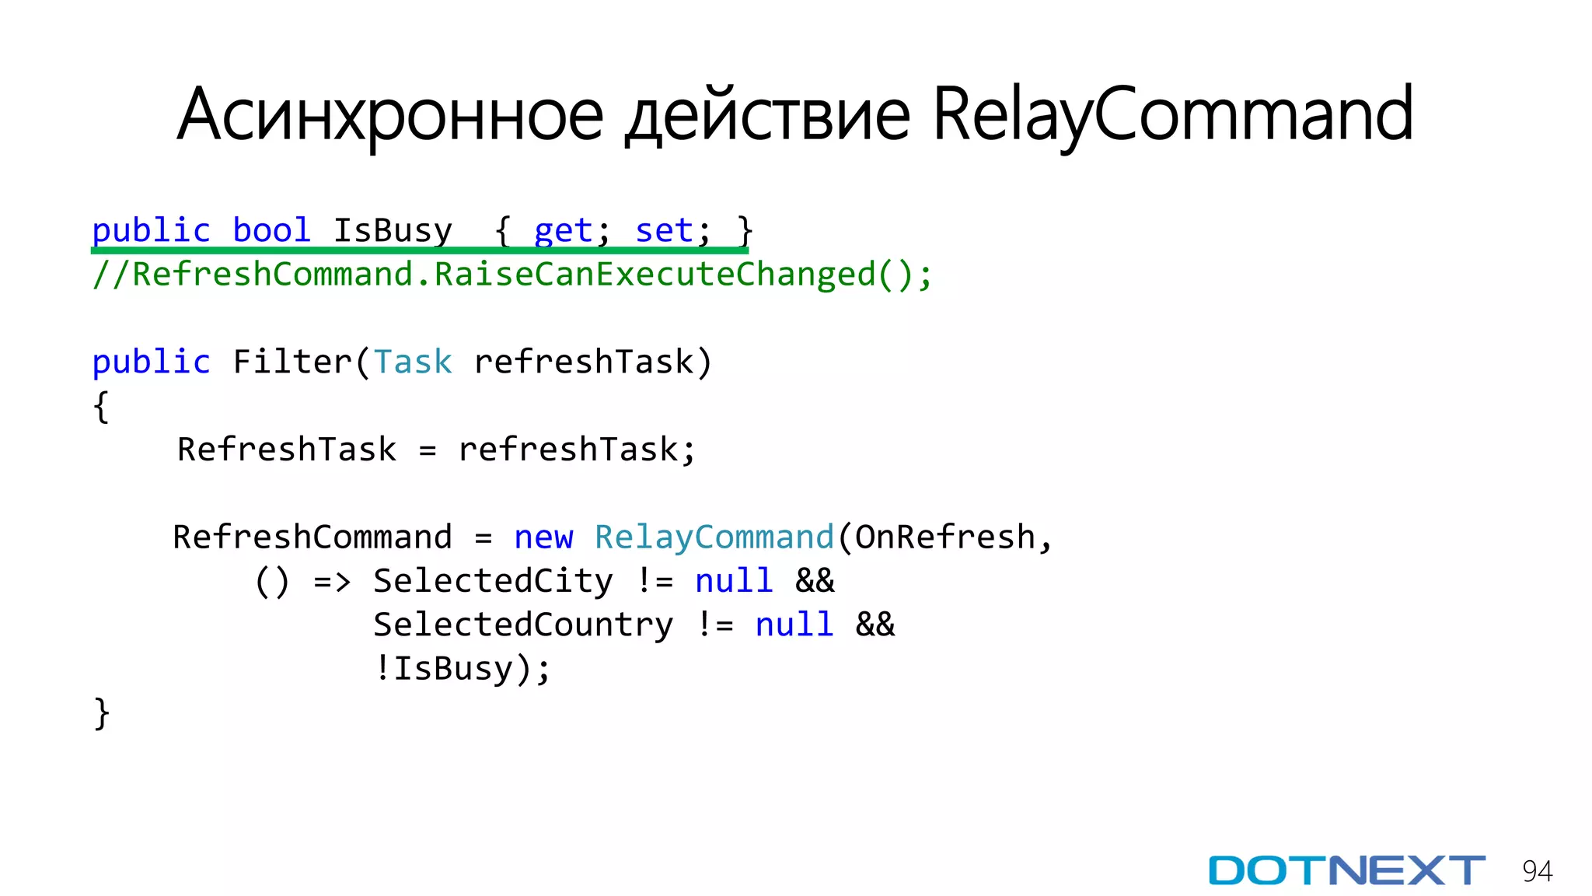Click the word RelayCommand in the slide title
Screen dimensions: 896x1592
[1172, 115]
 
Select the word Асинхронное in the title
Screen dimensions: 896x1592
[389, 115]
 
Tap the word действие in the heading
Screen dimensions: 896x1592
[767, 115]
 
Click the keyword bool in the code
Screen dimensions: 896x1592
[271, 230]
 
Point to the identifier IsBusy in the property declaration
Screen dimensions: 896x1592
[393, 230]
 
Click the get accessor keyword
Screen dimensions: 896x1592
[564, 230]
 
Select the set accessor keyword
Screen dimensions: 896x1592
[664, 230]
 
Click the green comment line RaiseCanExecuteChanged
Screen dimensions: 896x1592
[511, 275]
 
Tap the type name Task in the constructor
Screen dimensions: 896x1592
[413, 362]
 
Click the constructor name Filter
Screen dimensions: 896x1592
[292, 362]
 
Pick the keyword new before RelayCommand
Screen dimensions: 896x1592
[543, 537]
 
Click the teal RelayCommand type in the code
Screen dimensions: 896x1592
[714, 537]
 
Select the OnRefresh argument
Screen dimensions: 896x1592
[945, 537]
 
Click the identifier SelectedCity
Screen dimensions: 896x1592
[493, 581]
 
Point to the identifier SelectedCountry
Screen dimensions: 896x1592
[523, 625]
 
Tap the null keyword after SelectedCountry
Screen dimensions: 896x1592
[794, 625]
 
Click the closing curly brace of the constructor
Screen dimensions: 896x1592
[101, 713]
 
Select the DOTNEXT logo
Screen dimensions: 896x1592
[1346, 870]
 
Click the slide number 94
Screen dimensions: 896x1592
[1537, 871]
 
